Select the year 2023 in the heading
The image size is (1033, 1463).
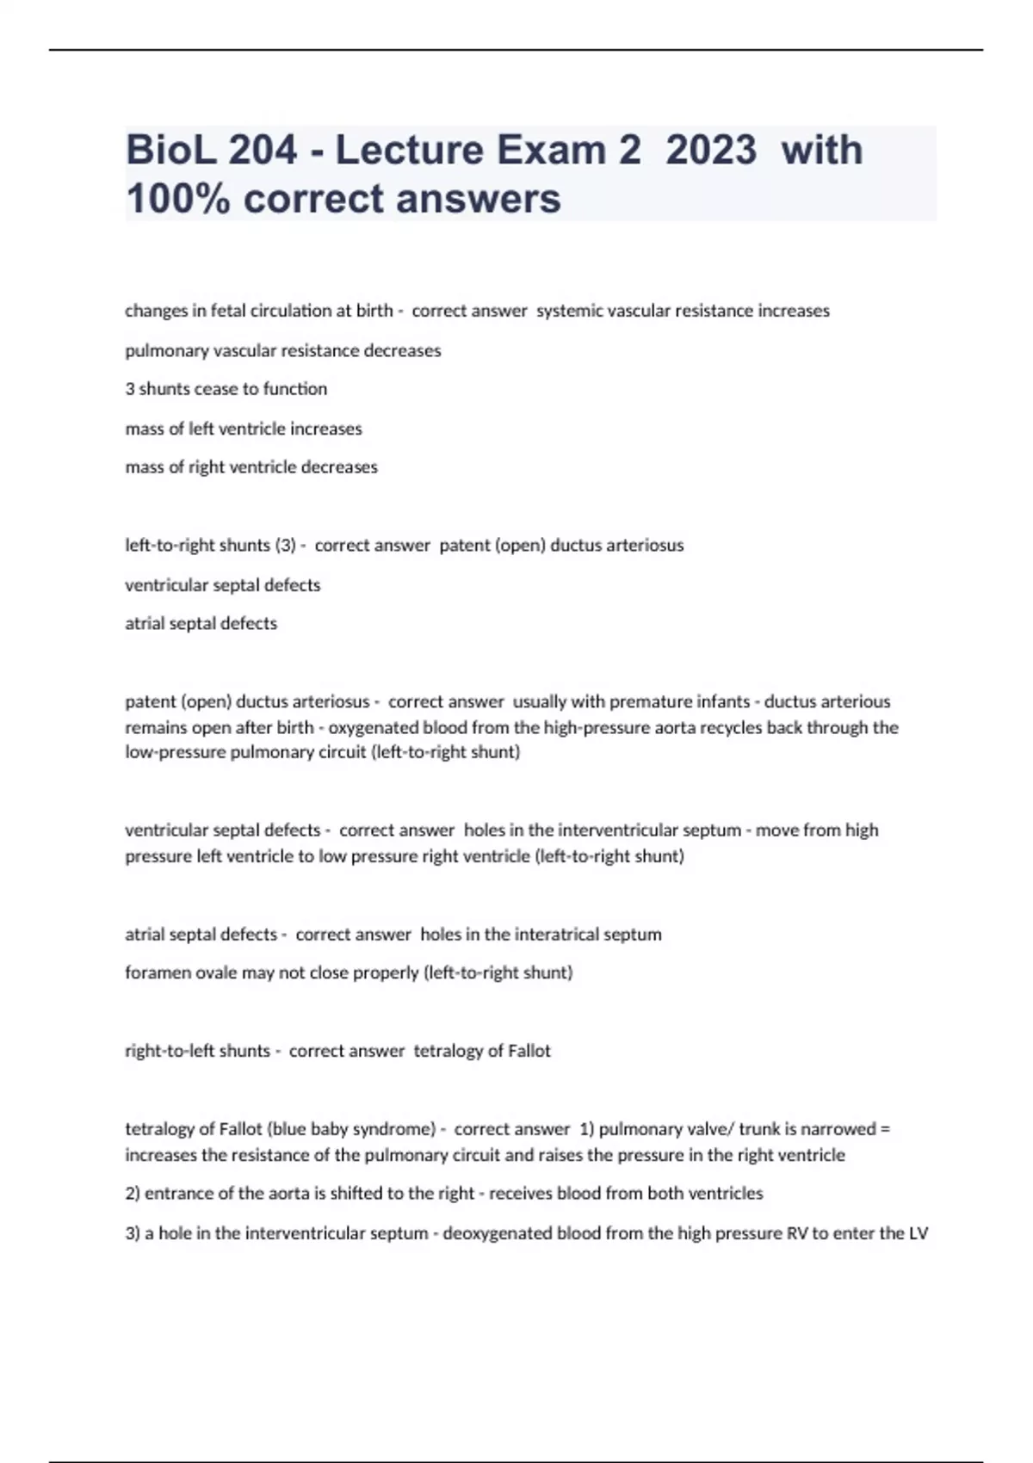point(711,150)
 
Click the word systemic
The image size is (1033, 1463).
point(570,311)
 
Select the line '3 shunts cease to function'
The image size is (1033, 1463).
point(226,389)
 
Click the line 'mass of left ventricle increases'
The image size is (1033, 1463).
point(244,429)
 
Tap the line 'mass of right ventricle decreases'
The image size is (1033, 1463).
point(251,467)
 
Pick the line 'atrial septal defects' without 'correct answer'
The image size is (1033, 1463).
point(201,623)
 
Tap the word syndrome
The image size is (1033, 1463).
point(394,1129)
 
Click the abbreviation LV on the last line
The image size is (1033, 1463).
point(918,1233)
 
